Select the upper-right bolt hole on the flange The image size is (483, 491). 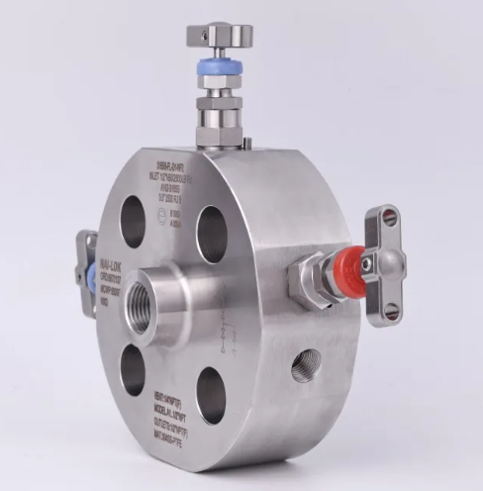point(212,235)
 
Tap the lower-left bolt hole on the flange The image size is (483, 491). point(133,369)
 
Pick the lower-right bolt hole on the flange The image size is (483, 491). point(210,394)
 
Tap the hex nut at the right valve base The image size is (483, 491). point(304,279)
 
